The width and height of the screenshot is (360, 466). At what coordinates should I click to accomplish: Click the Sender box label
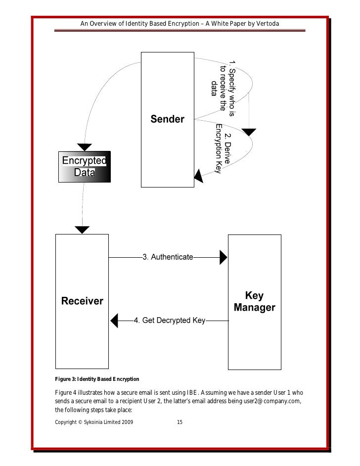tap(167, 119)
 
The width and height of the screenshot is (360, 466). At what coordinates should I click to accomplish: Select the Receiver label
tap(82, 301)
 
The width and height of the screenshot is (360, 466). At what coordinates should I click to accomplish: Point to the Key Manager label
tap(254, 302)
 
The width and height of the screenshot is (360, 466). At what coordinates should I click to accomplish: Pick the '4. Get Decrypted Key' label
tap(170, 321)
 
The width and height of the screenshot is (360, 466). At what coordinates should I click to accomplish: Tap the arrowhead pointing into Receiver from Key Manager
tap(114, 321)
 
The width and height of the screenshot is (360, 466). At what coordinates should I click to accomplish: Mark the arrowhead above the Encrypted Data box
tap(85, 147)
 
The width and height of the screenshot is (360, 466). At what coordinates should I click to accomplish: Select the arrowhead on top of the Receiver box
tap(82, 230)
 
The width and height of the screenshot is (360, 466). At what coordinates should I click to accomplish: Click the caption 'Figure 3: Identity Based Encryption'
tap(97, 379)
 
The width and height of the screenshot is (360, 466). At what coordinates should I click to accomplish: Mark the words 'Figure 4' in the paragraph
tap(65, 391)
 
